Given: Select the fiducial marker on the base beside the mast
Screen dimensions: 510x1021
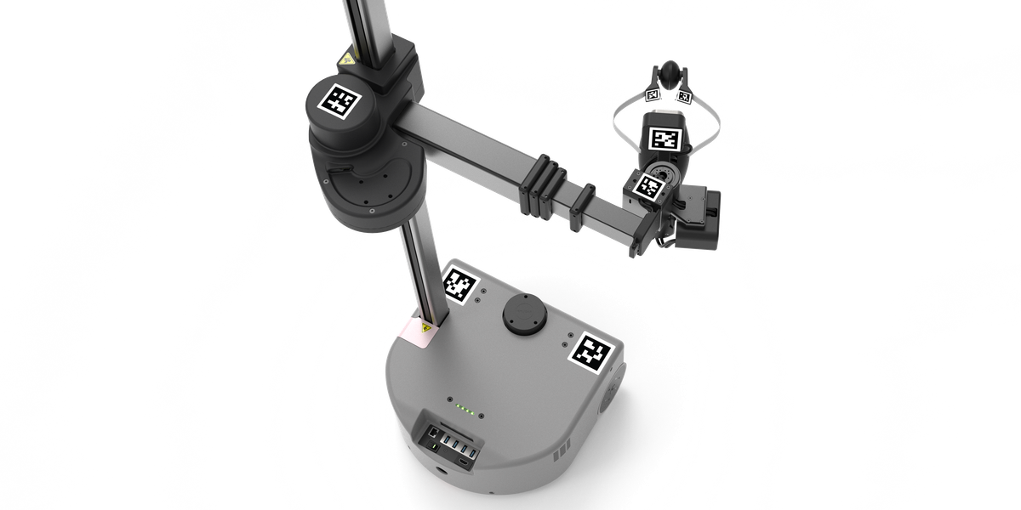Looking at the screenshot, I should point(459,285).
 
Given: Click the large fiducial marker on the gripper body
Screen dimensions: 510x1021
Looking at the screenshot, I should point(664,139).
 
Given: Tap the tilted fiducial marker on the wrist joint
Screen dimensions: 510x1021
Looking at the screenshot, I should point(651,188).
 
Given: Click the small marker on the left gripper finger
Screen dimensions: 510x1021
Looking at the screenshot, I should point(653,95).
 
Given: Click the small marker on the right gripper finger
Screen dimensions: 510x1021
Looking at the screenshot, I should point(684,95).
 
